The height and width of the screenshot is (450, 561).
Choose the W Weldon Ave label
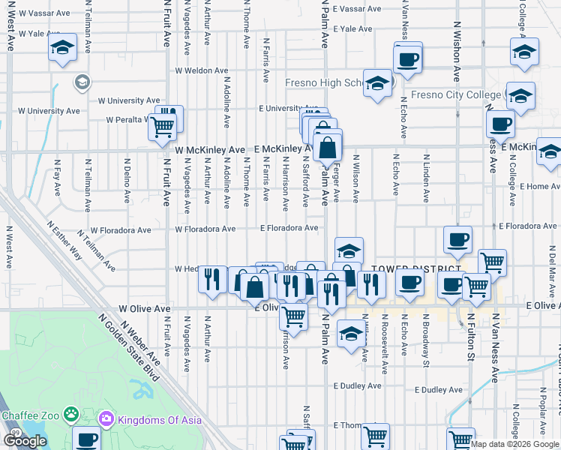(x=201, y=70)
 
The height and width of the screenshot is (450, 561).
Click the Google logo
(x=25, y=441)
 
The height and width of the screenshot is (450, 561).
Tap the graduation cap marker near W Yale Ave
(x=62, y=49)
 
